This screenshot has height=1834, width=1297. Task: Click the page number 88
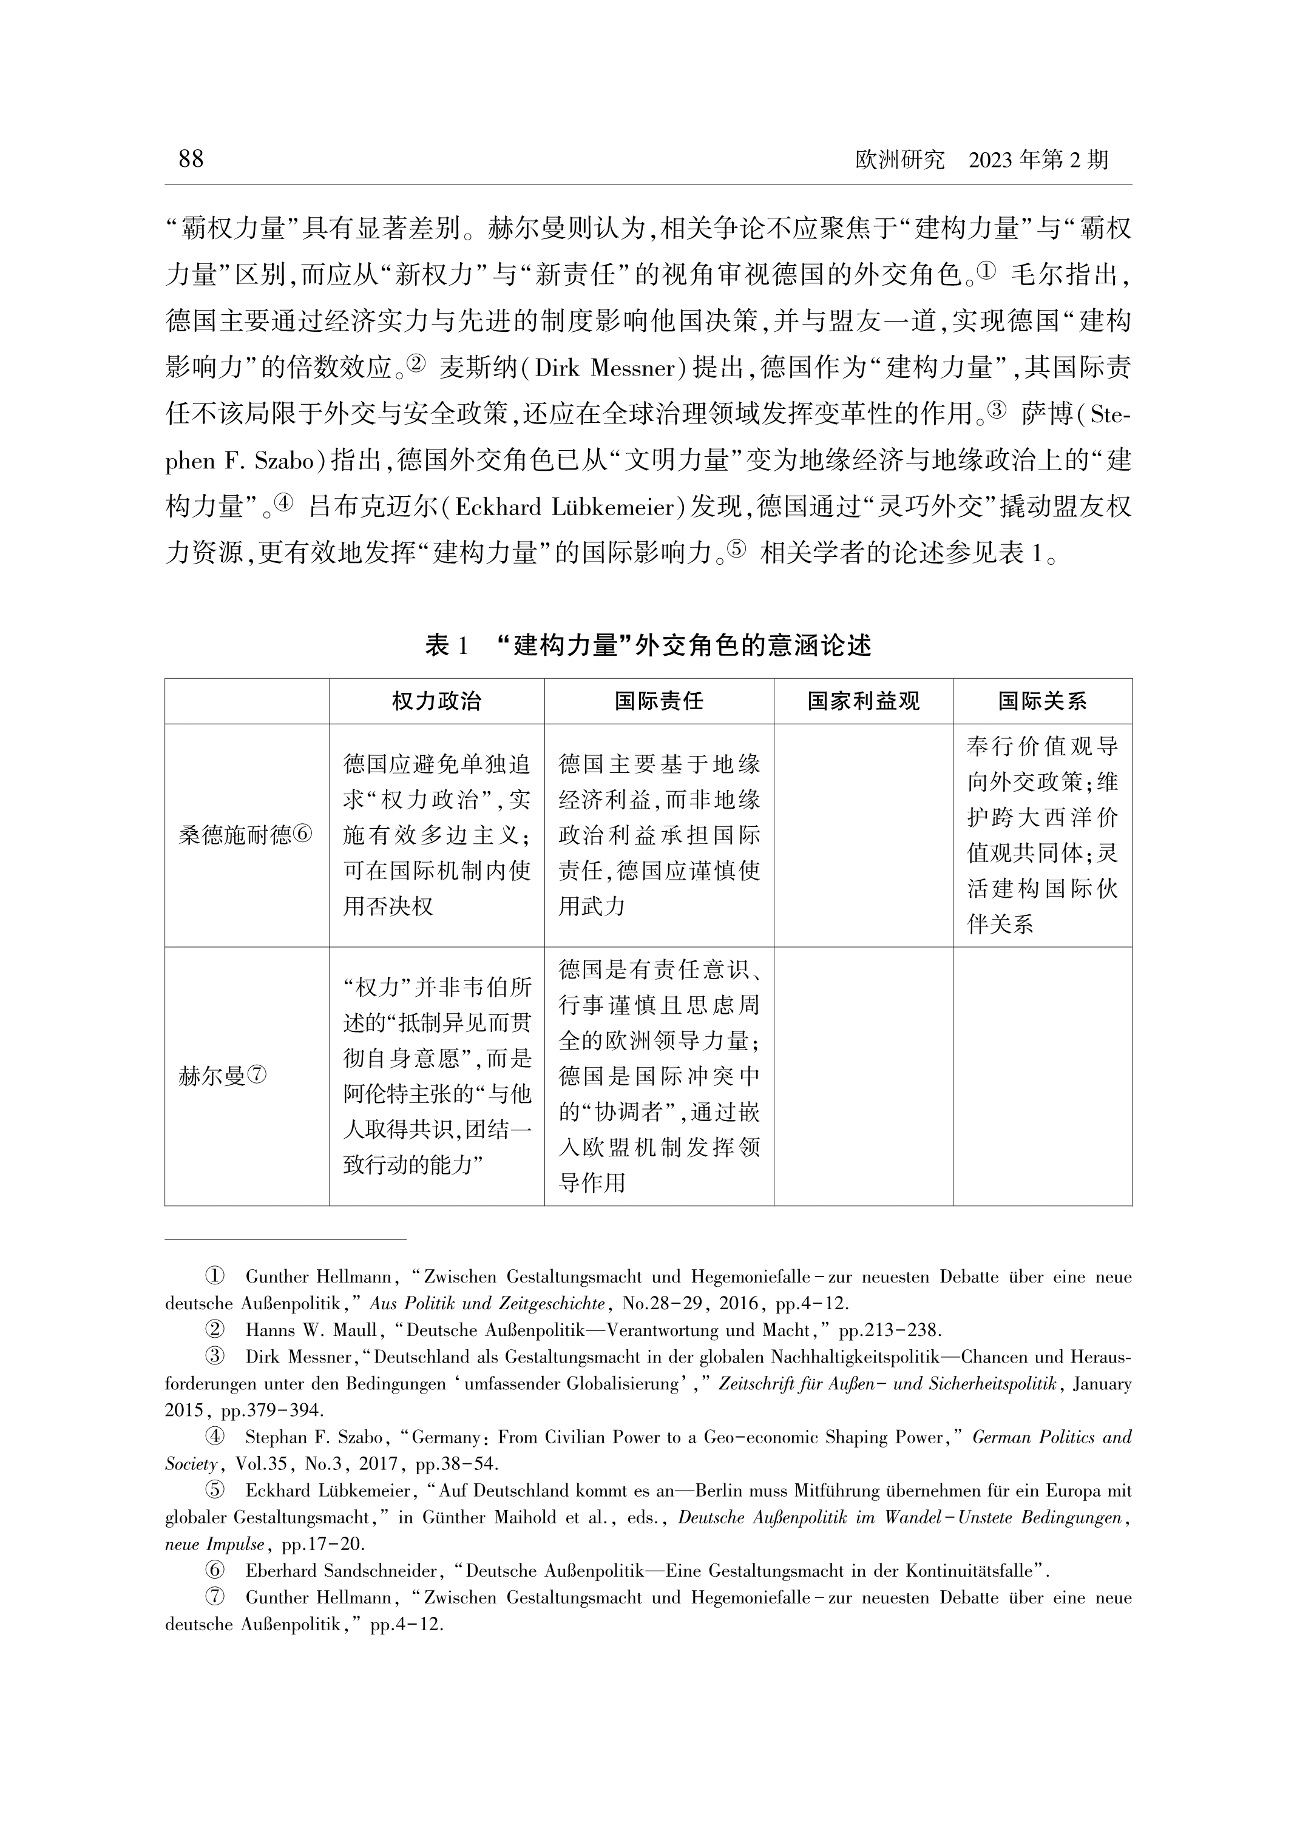(x=191, y=160)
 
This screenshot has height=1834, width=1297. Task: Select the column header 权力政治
(x=436, y=701)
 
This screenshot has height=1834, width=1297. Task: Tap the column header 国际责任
(x=659, y=701)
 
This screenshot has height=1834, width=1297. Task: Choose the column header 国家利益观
(x=862, y=701)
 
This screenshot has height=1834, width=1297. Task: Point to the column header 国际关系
(x=1041, y=701)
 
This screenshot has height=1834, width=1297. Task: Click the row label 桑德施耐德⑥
(x=245, y=835)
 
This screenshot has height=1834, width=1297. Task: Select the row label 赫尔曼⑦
(x=223, y=1077)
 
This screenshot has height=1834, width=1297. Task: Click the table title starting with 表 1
(x=648, y=646)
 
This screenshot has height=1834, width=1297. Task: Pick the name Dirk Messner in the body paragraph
(x=605, y=369)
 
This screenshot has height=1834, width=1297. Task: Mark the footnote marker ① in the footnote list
(x=214, y=1276)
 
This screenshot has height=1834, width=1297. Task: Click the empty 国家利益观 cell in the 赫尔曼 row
(x=862, y=1077)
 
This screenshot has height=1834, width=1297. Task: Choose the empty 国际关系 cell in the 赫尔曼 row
(x=1041, y=1077)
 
